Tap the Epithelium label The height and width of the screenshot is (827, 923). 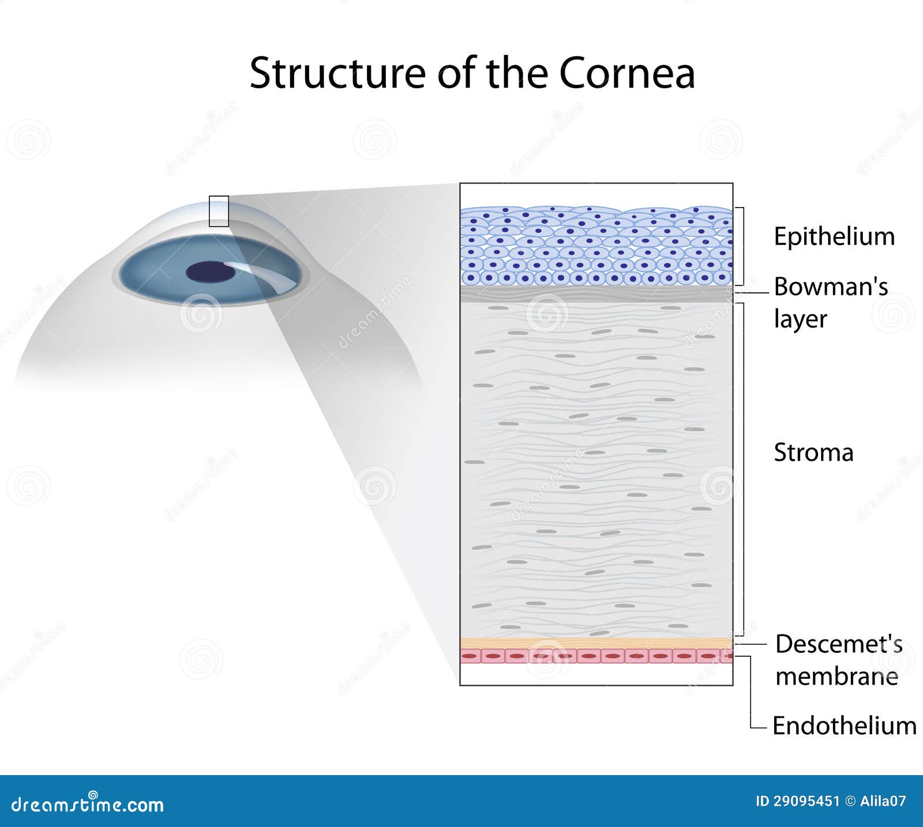(834, 237)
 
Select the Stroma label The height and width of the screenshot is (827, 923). (813, 453)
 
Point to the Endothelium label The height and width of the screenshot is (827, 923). (844, 726)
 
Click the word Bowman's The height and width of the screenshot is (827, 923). (830, 287)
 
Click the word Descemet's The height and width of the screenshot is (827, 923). (838, 644)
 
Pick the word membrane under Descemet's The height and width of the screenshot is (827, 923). (836, 676)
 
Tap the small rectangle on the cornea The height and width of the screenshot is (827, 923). (219, 211)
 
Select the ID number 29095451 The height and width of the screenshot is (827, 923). (805, 801)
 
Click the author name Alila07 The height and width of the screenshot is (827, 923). (883, 801)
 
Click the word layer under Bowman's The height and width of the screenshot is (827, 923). (800, 319)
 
